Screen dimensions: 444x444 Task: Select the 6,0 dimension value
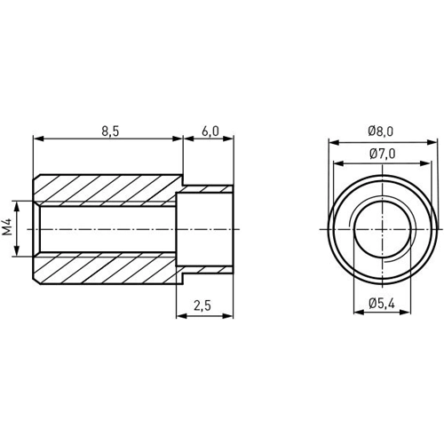tap(210, 130)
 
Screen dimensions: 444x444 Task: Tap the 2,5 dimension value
tap(203, 305)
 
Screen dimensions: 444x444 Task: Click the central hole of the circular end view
tap(382, 228)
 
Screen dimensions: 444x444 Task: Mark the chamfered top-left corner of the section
tap(37, 179)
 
